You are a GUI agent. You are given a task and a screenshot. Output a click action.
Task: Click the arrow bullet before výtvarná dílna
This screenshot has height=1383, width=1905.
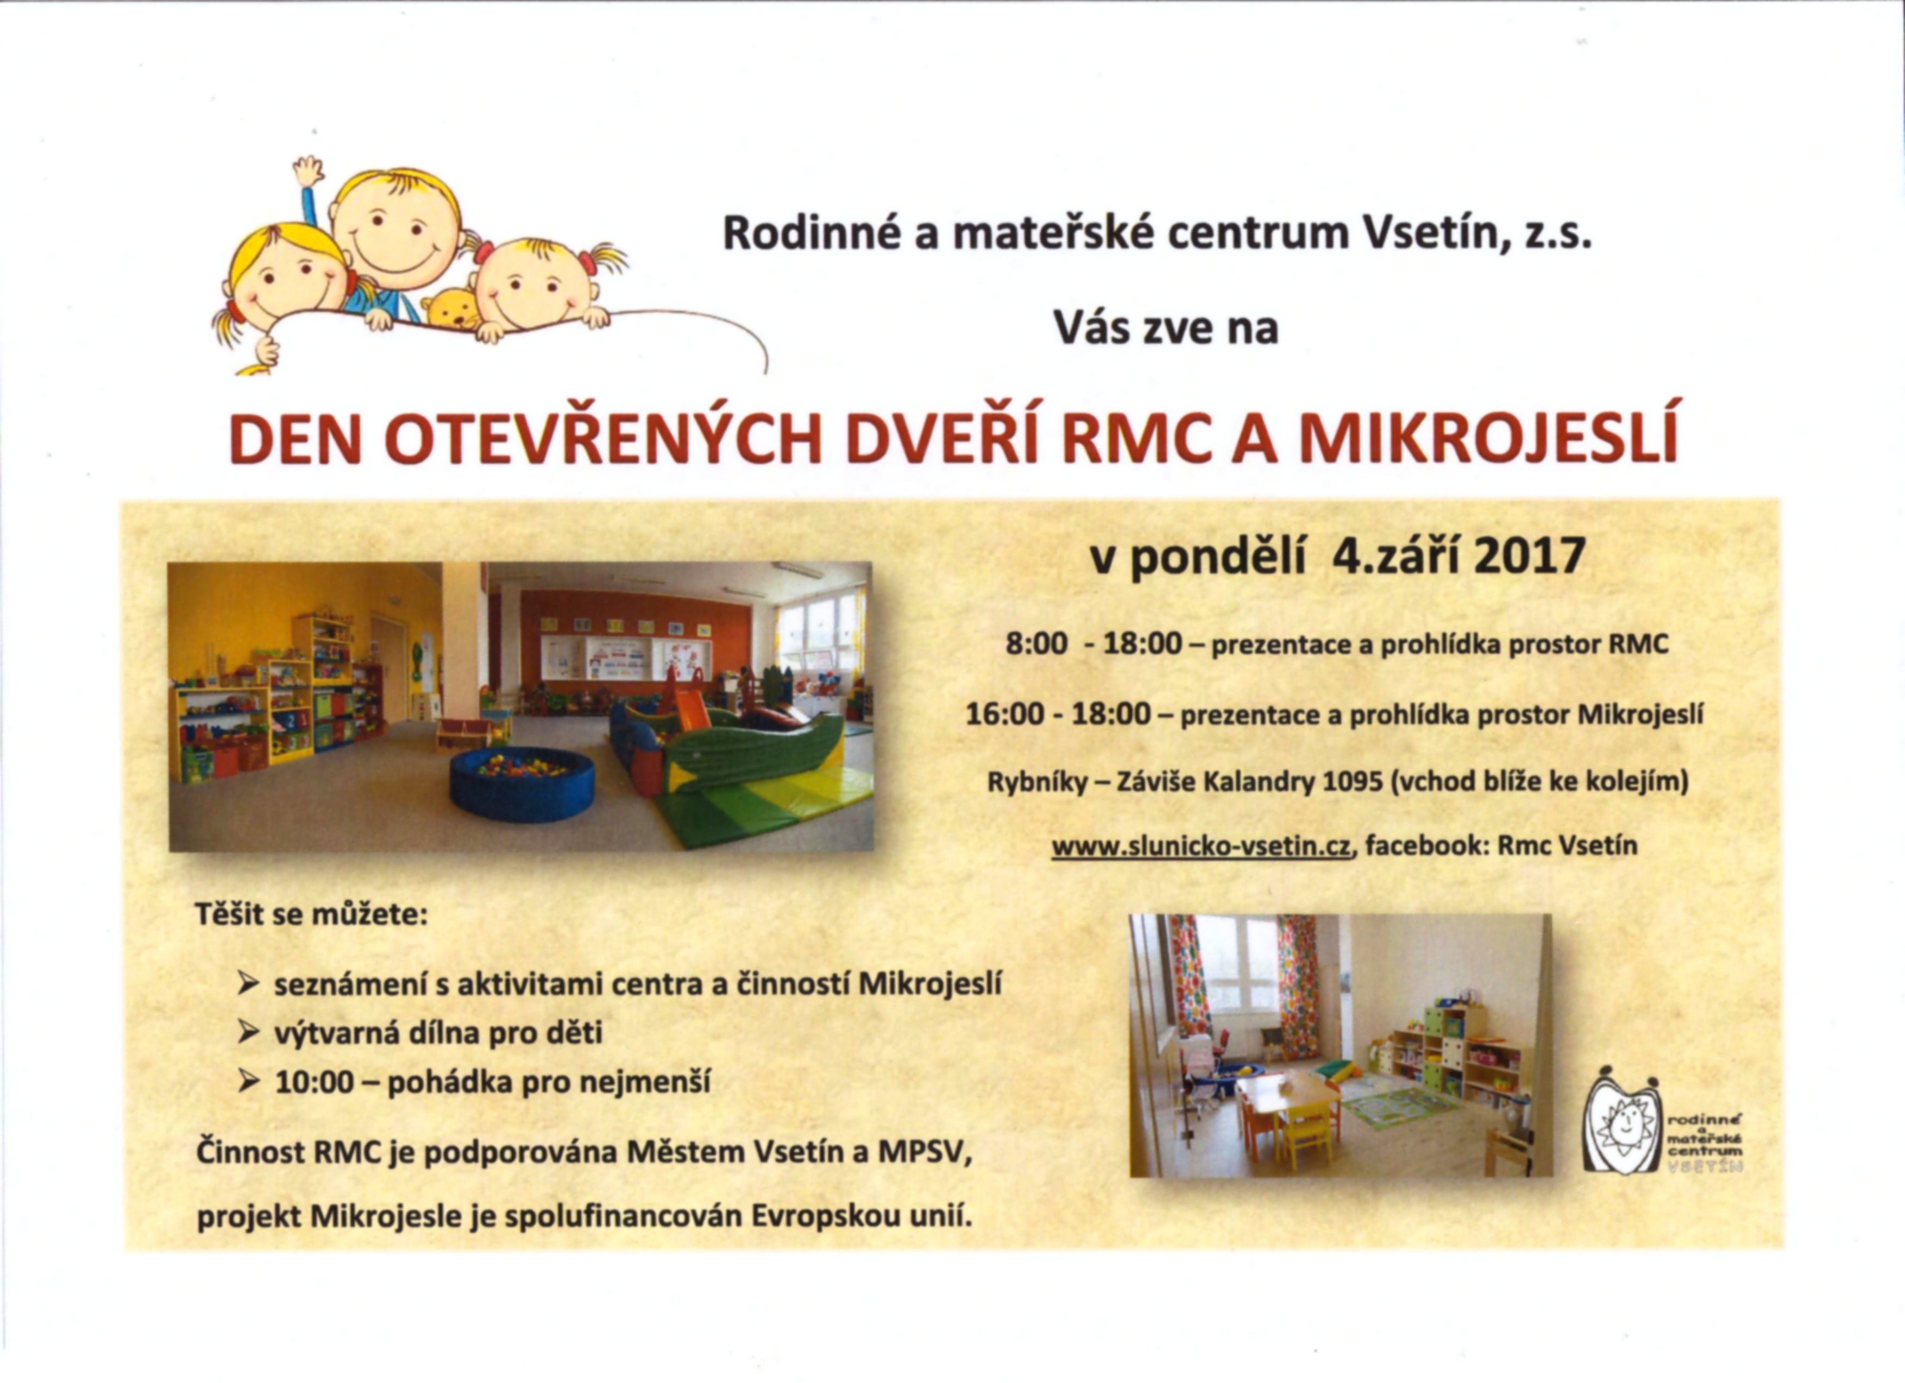248,1033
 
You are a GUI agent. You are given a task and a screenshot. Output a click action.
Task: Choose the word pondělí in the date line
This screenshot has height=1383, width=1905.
1217,557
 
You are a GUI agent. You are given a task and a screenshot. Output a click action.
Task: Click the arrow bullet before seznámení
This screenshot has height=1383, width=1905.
248,984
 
